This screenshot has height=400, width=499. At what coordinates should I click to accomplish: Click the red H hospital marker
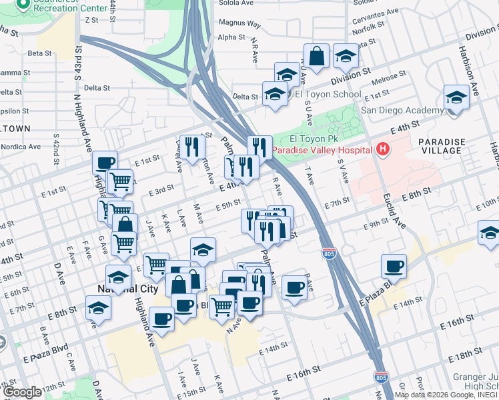[x=383, y=150]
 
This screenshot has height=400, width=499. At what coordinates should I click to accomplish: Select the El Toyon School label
[x=328, y=95]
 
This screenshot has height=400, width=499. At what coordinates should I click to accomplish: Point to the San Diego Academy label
[x=402, y=110]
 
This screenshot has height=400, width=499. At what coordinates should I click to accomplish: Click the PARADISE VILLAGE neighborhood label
[x=441, y=146]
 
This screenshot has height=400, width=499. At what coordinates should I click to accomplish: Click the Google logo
[x=22, y=392]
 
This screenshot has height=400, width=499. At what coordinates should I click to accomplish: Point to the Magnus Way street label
[x=239, y=23]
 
